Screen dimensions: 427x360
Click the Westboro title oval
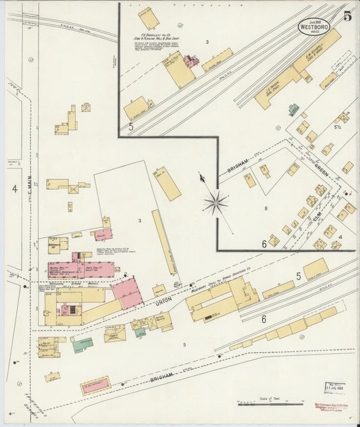pos(316,26)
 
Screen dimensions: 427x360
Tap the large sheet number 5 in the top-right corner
pos(346,16)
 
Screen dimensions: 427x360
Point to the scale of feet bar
pos(269,403)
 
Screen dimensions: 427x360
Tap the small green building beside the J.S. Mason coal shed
pos(294,109)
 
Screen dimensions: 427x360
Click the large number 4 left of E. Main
pos(14,189)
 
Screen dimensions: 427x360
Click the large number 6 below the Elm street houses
pos(264,243)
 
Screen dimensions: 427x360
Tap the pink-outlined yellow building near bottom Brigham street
pos(95,386)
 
